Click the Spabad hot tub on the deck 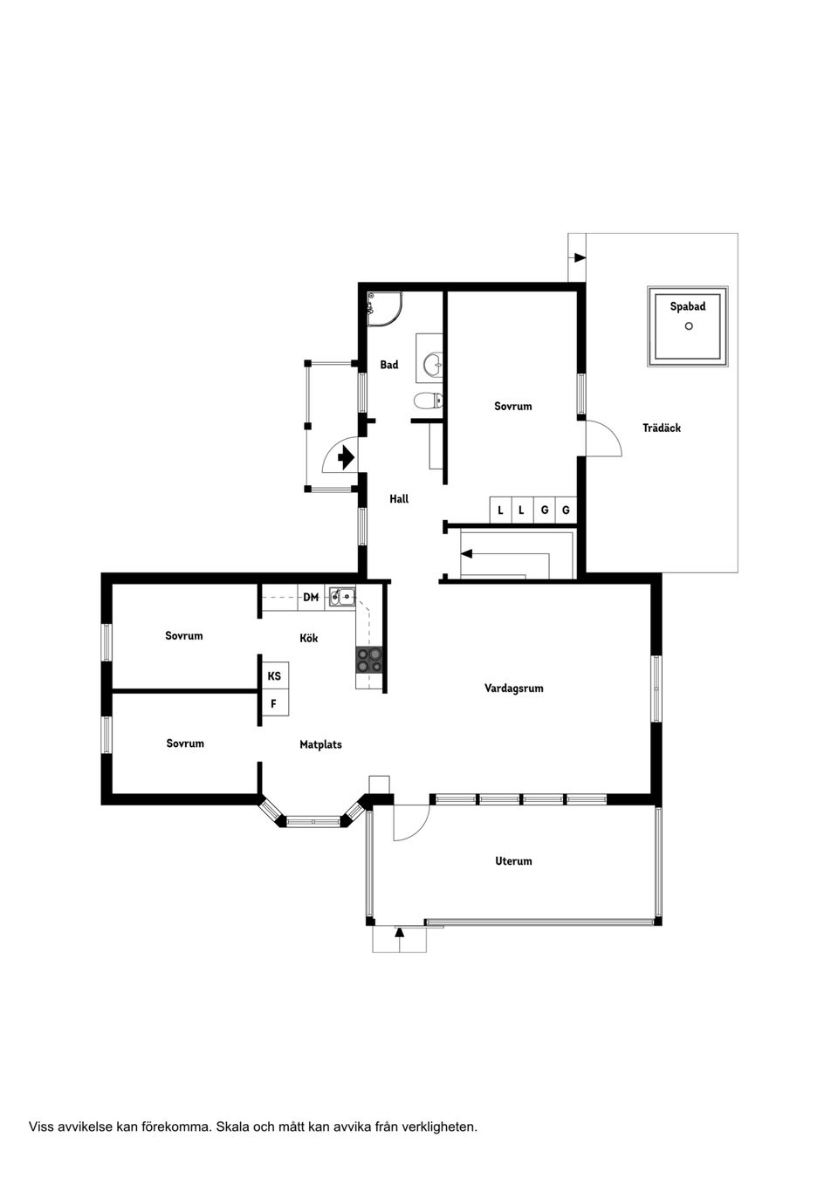tap(688, 326)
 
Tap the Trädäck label tap(662, 428)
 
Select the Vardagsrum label tap(514, 688)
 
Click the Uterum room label tap(513, 861)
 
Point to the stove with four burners tap(369, 661)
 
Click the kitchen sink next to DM tap(341, 598)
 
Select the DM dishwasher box tap(311, 598)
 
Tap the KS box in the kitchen tap(274, 676)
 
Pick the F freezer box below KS tap(274, 703)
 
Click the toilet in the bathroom tap(428, 401)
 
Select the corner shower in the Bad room tap(383, 307)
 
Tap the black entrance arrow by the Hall tap(347, 456)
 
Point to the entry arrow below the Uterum tap(400, 933)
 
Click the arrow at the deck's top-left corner tap(579, 257)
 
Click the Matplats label tap(320, 745)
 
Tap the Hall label tap(399, 499)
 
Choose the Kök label tap(308, 639)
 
